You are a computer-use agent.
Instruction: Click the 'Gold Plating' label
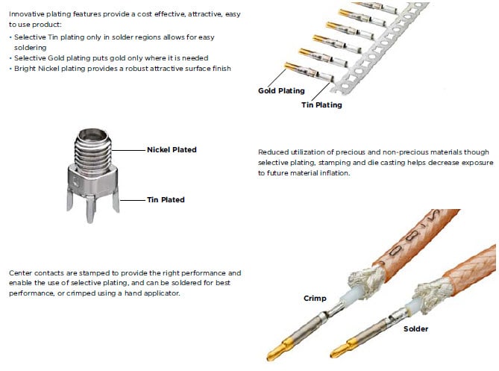281,91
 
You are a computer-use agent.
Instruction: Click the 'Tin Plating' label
321,105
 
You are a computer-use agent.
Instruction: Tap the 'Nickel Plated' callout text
172,150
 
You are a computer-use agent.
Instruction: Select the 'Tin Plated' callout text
166,199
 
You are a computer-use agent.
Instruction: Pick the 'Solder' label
416,328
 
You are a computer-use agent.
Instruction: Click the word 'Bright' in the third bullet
25,68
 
